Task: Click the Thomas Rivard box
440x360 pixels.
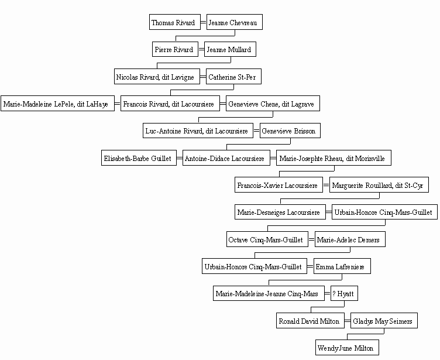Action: point(175,22)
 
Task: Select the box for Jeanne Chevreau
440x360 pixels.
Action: point(235,22)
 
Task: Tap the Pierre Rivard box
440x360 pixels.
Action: point(175,49)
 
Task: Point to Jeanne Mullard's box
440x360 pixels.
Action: point(230,49)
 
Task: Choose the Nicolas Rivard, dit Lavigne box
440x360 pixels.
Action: point(157,76)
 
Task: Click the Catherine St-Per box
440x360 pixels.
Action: point(234,76)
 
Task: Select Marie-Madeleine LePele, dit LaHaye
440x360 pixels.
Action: point(57,104)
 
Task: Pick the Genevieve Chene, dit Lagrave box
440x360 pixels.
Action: point(273,104)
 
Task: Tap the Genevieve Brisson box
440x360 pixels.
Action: point(290,131)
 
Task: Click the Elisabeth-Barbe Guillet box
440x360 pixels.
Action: point(139,158)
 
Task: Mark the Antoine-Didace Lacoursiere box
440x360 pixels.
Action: point(226,158)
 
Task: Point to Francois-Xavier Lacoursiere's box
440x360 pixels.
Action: point(279,185)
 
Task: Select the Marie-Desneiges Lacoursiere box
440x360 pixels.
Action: point(280,212)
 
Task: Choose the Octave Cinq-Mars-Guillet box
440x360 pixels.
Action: point(267,239)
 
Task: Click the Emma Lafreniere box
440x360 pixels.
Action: point(342,266)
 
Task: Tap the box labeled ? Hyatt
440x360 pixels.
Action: point(344,293)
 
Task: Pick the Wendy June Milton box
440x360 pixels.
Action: point(347,348)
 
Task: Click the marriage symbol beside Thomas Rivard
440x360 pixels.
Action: point(204,22)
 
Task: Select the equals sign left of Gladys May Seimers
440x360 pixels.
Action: point(348,321)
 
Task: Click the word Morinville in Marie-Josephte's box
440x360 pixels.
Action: point(370,159)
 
